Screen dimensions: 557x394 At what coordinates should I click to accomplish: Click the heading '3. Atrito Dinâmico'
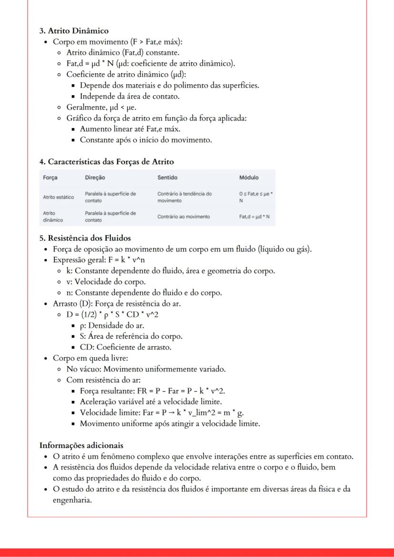[x=74, y=31]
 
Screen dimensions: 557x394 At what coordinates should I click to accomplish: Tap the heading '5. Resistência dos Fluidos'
[x=85, y=238]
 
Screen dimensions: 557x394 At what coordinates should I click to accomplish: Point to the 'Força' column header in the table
[x=50, y=177]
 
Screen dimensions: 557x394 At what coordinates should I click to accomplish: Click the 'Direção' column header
[x=95, y=177]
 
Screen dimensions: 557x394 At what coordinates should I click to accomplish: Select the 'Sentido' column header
[x=167, y=177]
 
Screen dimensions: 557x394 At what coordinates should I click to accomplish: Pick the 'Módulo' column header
[x=249, y=177]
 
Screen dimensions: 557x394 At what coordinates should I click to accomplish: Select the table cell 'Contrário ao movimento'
[x=183, y=217]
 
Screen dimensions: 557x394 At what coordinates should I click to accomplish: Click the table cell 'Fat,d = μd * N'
[x=254, y=217]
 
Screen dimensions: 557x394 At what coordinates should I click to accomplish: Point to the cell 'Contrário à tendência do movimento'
[x=184, y=197]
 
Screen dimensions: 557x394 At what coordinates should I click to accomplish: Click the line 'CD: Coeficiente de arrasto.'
[x=126, y=347]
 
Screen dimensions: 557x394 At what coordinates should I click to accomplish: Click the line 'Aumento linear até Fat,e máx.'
[x=130, y=129]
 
